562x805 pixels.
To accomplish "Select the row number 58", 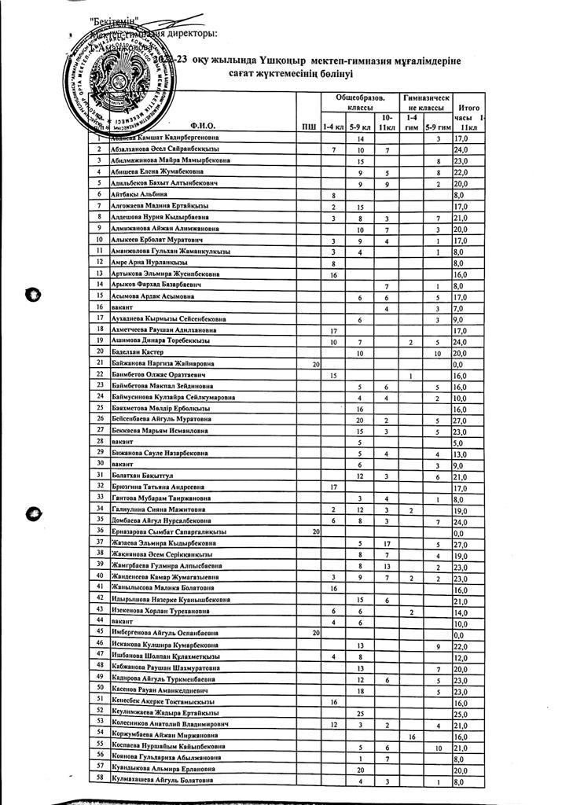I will pos(99,781).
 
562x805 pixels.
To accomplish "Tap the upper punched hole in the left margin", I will pos(32,295).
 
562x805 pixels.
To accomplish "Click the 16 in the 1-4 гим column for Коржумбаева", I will pos(412,737).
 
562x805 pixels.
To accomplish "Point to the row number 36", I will pos(99,531).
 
